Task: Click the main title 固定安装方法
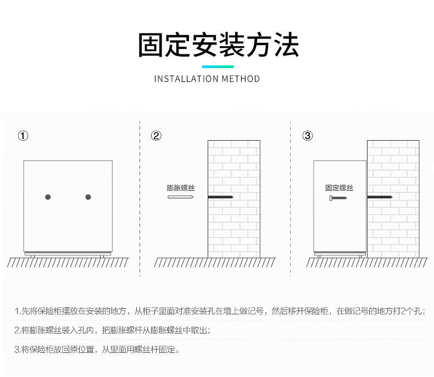tap(218, 45)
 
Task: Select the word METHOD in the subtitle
tap(241, 79)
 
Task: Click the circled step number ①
tap(23, 136)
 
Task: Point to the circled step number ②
tap(157, 136)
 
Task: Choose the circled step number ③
tap(308, 136)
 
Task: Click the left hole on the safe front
tap(48, 197)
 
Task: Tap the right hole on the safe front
tap(88, 197)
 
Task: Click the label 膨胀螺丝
tap(181, 188)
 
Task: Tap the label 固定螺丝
tap(339, 188)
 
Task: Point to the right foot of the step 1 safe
tap(102, 256)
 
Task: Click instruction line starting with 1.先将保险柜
tap(219, 312)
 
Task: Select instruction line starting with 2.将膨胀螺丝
tap(112, 330)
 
